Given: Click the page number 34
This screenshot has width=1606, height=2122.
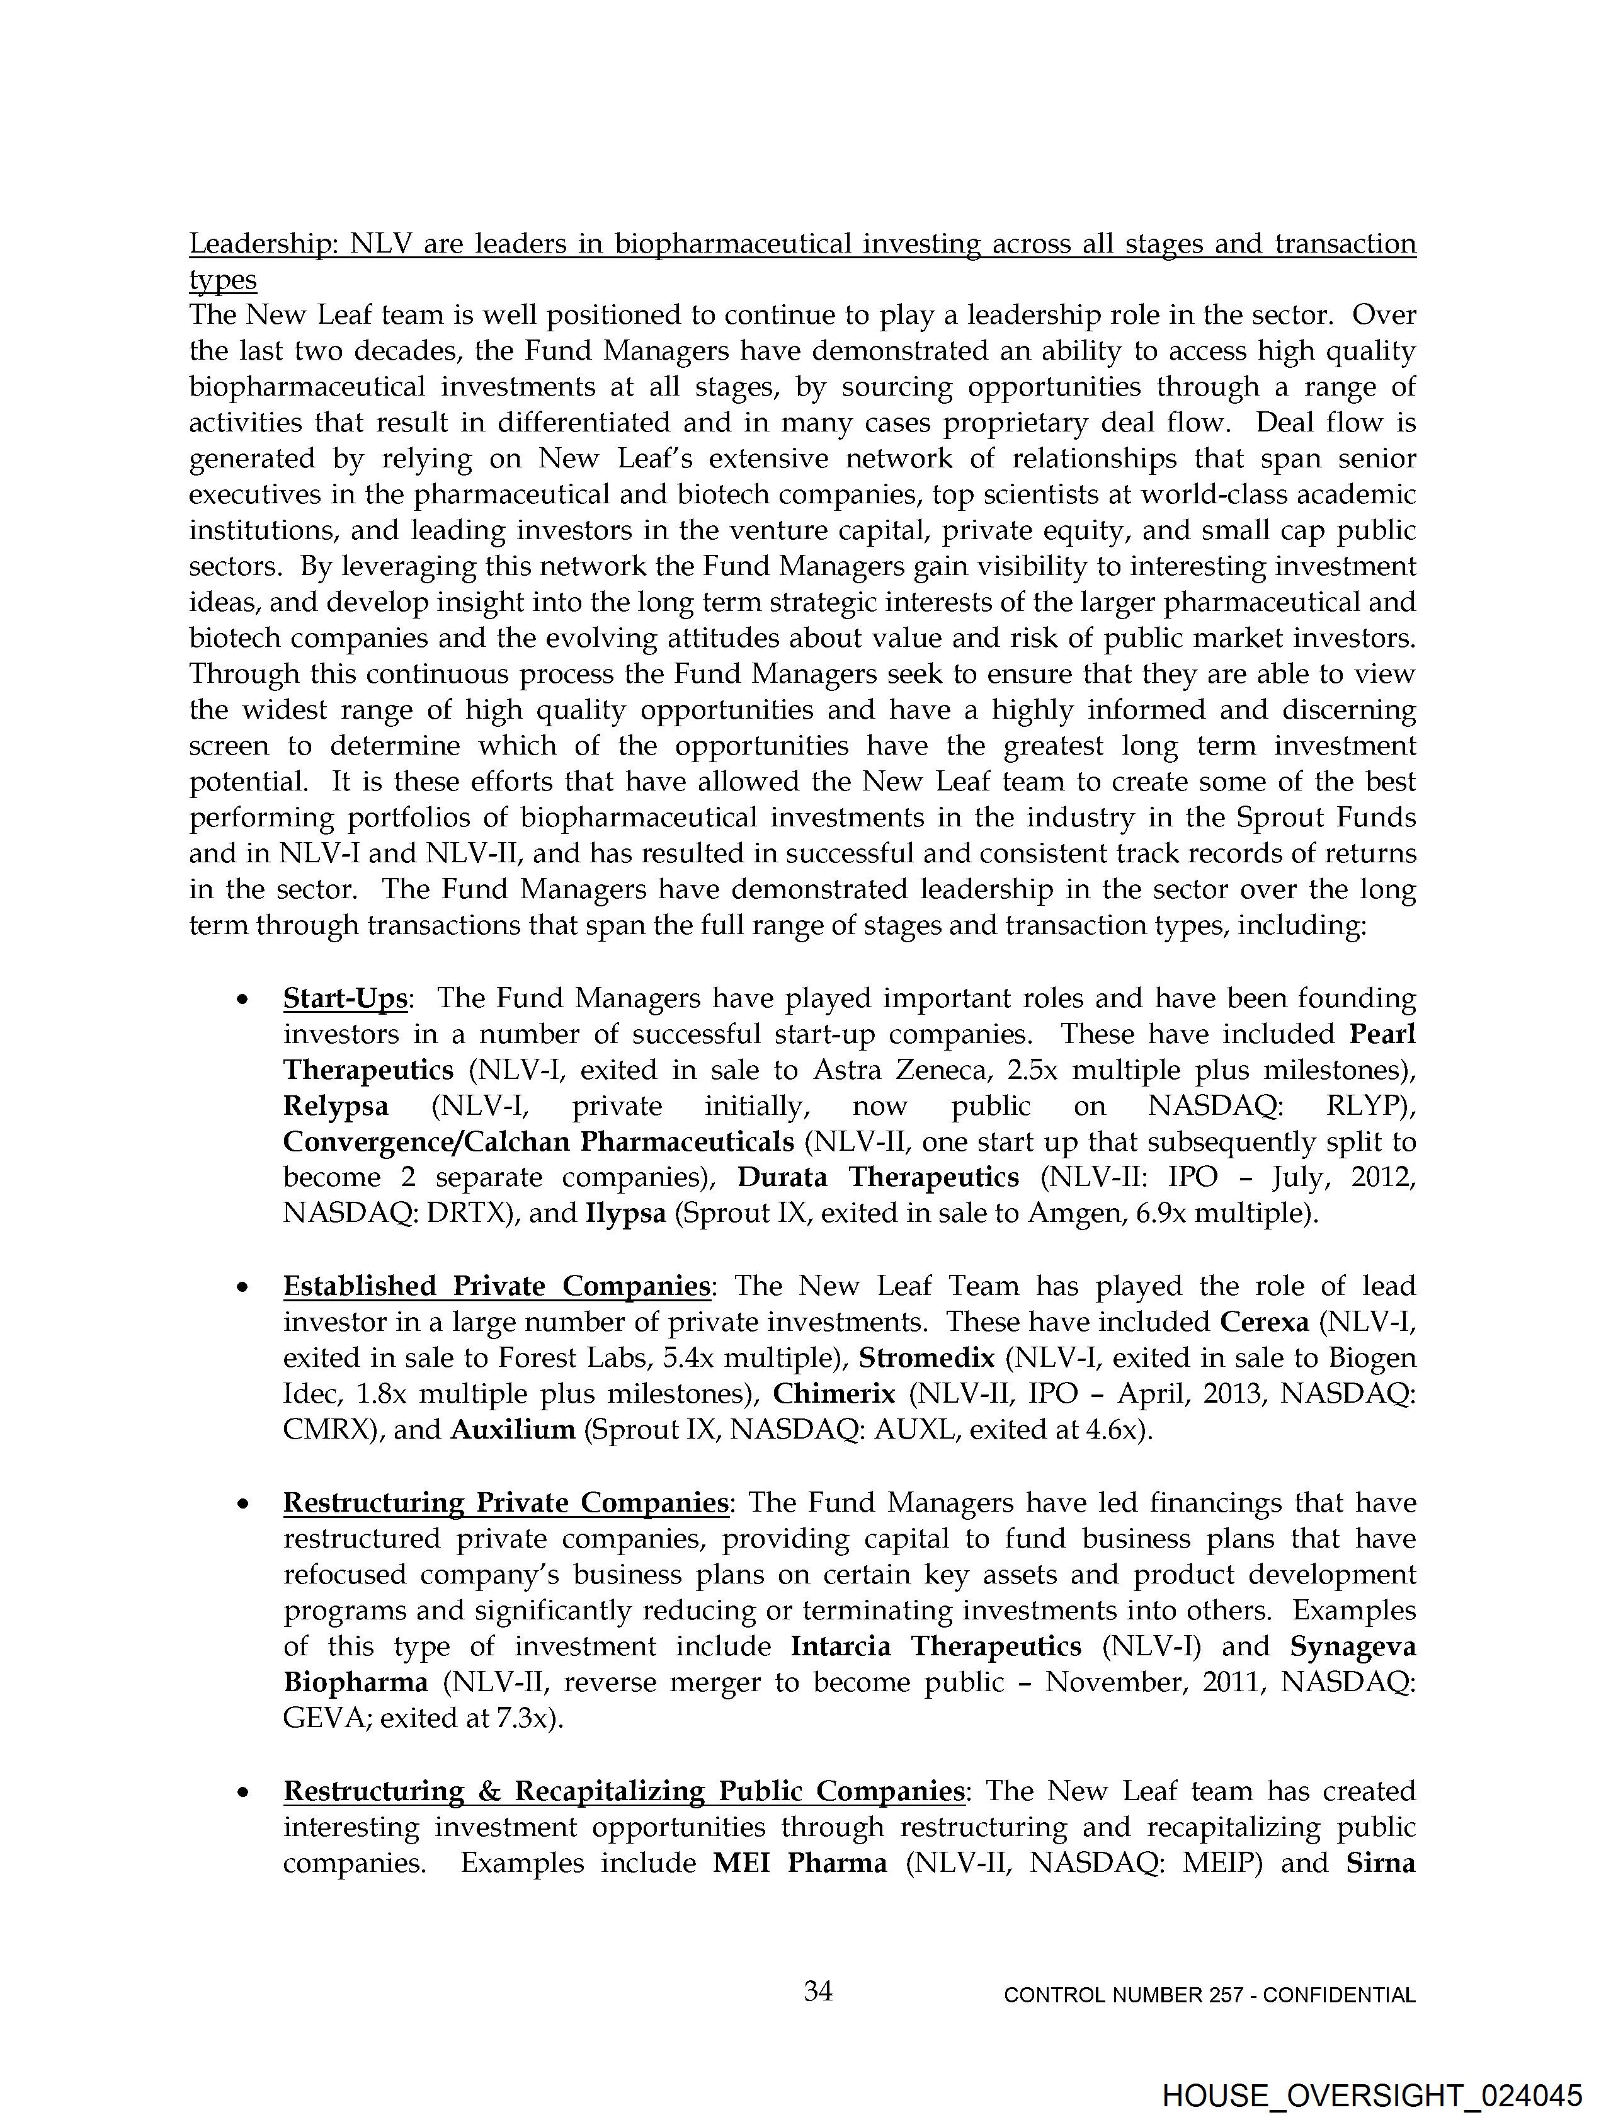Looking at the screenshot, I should (x=817, y=1992).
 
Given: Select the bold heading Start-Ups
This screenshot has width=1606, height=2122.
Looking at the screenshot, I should (x=345, y=999).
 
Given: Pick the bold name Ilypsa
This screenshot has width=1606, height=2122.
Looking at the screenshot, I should (x=625, y=1214).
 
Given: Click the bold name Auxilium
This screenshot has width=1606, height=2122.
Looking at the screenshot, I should (x=512, y=1430).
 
